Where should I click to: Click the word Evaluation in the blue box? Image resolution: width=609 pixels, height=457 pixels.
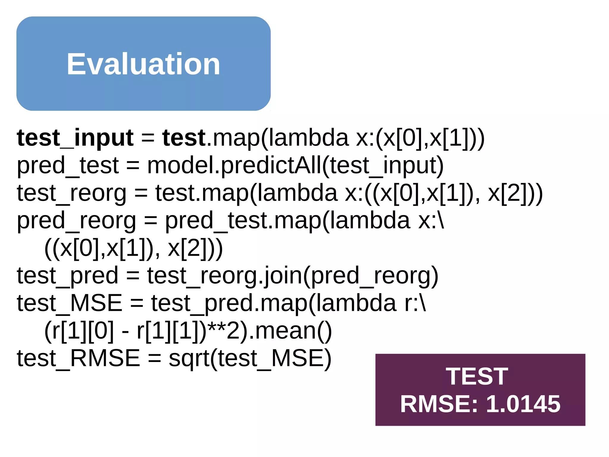(143, 64)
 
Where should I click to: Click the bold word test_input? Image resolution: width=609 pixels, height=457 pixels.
(75, 138)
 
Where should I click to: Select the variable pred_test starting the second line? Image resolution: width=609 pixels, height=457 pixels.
(68, 166)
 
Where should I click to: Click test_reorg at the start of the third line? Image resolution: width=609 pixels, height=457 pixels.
(71, 193)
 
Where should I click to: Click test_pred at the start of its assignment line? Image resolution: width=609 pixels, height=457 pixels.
(68, 276)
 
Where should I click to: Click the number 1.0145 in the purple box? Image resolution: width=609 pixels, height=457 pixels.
(523, 404)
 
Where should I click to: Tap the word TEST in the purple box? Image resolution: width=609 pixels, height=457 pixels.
(477, 376)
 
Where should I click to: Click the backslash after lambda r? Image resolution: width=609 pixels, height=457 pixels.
(423, 303)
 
